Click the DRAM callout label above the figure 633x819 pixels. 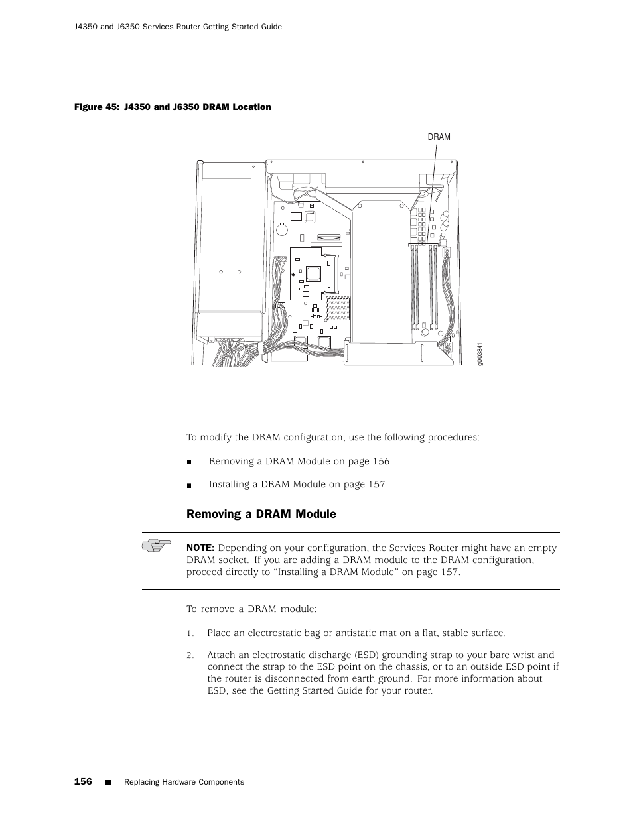[439, 137]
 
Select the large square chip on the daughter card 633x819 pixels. [313, 273]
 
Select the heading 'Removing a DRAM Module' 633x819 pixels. [261, 514]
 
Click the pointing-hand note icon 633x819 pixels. [156, 546]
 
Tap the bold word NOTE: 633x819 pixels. [200, 548]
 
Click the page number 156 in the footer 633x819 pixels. [83, 781]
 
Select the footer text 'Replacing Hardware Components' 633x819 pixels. [184, 782]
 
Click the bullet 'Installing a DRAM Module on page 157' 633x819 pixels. [297, 484]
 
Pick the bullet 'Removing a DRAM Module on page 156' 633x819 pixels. [299, 461]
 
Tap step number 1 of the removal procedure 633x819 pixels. [189, 633]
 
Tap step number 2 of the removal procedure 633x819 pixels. [189, 655]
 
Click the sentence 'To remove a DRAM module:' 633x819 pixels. [251, 609]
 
